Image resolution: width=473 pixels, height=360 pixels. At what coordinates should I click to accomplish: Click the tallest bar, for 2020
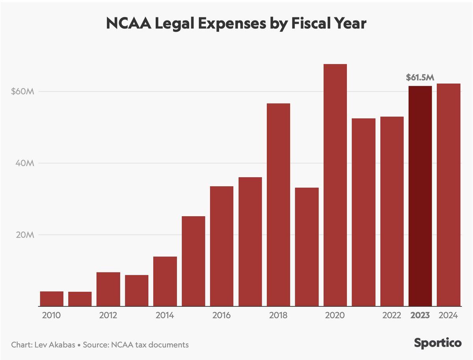point(335,185)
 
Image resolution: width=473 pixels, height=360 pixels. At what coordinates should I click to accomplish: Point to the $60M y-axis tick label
point(24,92)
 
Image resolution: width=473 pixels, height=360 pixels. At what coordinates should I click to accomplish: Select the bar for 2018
point(278,205)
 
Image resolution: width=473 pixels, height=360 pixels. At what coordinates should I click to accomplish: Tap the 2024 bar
point(449,195)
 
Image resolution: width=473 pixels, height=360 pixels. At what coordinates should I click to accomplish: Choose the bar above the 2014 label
point(165,281)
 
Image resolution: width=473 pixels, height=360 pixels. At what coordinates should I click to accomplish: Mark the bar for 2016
point(222,246)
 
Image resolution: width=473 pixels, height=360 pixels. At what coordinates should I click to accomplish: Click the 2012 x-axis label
point(108,315)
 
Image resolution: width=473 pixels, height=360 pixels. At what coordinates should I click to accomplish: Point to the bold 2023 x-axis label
point(420,315)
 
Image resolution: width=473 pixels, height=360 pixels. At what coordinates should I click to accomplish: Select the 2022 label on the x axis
point(392,315)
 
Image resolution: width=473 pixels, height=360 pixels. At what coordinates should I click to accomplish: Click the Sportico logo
point(438,343)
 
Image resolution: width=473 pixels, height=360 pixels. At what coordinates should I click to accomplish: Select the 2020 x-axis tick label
point(335,315)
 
